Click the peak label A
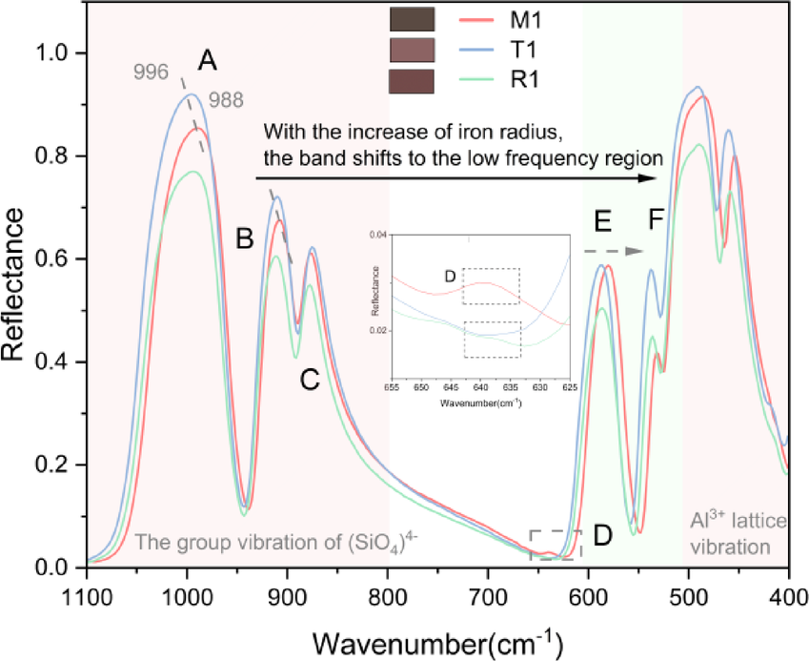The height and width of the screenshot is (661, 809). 208,62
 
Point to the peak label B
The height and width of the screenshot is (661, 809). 245,238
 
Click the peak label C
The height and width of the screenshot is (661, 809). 309,380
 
